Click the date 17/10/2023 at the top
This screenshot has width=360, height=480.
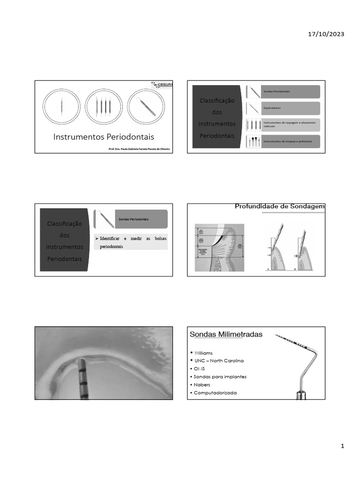pyautogui.click(x=326, y=34)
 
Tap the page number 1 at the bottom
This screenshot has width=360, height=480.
pyautogui.click(x=343, y=447)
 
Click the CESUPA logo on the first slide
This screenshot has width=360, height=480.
pyautogui.click(x=162, y=85)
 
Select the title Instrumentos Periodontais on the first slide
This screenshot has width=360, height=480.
pyautogui.click(x=104, y=137)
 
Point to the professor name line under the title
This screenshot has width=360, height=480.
pyautogui.click(x=139, y=149)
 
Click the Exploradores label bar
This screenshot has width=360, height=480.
pyautogui.click(x=291, y=108)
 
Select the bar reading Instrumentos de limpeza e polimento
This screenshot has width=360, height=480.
pyautogui.click(x=291, y=141)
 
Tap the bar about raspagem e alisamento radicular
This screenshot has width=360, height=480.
pyautogui.click(x=291, y=125)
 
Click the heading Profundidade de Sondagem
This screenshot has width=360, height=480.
pyautogui.click(x=279, y=206)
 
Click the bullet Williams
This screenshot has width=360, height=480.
pyautogui.click(x=204, y=352)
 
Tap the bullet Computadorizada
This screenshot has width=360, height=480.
pyautogui.click(x=215, y=392)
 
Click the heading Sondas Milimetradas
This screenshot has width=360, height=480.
pyautogui.click(x=226, y=334)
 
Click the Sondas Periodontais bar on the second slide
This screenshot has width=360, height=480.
pyautogui.click(x=291, y=91)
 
